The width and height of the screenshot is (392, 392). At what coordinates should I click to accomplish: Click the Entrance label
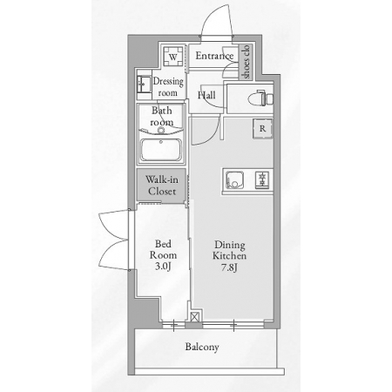(x=214, y=56)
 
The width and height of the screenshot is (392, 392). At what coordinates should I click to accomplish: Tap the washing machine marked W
(x=173, y=57)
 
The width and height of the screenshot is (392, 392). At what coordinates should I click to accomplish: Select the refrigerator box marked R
(x=262, y=128)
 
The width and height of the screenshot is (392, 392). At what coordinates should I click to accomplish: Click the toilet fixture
(x=260, y=98)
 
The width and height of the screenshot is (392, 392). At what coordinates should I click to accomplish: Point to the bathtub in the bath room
(x=161, y=150)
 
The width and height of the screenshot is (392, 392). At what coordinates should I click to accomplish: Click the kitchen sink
(x=234, y=180)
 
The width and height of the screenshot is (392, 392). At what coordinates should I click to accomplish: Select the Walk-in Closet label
(x=162, y=186)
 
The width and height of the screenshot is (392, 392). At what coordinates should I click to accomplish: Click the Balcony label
(x=202, y=347)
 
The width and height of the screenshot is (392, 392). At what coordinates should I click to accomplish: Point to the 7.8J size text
(x=229, y=267)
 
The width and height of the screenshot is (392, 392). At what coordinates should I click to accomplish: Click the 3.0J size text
(x=163, y=266)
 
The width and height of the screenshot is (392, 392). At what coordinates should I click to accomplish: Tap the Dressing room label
(x=168, y=86)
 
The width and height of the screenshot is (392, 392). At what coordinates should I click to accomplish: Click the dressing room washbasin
(x=144, y=84)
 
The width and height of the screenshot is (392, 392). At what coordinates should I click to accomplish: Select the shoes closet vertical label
(x=246, y=62)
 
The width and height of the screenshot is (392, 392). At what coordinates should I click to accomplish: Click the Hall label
(x=206, y=95)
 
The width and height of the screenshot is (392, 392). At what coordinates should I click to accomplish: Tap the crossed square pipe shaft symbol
(x=195, y=317)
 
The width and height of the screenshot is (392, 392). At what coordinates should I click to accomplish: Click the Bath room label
(x=162, y=116)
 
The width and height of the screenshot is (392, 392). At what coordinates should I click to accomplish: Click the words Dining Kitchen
(x=229, y=250)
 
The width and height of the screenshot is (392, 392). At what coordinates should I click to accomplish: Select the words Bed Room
(x=163, y=249)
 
